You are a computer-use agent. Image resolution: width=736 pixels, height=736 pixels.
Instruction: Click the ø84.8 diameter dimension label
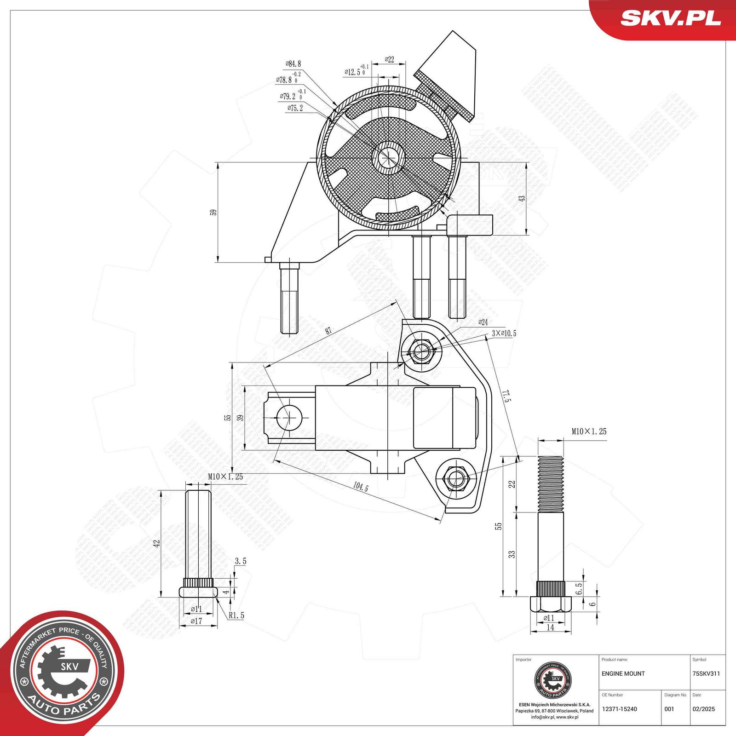[x=293, y=64]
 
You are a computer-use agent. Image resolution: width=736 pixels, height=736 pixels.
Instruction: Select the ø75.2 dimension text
[x=295, y=108]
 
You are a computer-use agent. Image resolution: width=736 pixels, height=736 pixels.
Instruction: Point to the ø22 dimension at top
[x=389, y=59]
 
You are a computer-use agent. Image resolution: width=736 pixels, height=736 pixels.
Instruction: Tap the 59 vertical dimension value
[x=213, y=213]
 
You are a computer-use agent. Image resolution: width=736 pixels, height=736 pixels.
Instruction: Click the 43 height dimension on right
[x=522, y=198]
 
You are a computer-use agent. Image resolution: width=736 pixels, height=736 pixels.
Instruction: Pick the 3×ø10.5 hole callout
[x=504, y=333]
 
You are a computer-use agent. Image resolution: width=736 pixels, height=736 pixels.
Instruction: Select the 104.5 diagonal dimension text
[x=361, y=487]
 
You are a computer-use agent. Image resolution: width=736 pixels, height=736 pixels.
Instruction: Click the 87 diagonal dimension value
[x=328, y=331]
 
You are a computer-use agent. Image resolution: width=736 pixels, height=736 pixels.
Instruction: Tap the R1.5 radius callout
[x=236, y=615]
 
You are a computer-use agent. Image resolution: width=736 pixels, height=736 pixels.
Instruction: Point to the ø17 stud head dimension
[x=196, y=621]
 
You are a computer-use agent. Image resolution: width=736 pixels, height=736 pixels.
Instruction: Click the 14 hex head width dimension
[x=550, y=627]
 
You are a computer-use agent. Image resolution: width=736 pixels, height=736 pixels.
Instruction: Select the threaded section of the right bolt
[x=551, y=483]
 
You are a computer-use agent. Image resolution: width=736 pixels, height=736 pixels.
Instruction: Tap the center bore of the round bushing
[x=389, y=157]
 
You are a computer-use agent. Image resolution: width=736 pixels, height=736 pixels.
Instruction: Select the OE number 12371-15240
[x=619, y=709]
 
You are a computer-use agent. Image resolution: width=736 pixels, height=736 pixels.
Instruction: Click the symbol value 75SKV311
[x=706, y=673]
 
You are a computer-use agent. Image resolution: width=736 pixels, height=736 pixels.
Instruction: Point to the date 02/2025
[x=703, y=709]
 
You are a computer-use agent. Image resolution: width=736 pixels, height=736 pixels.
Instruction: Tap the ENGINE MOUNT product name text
[x=623, y=673]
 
